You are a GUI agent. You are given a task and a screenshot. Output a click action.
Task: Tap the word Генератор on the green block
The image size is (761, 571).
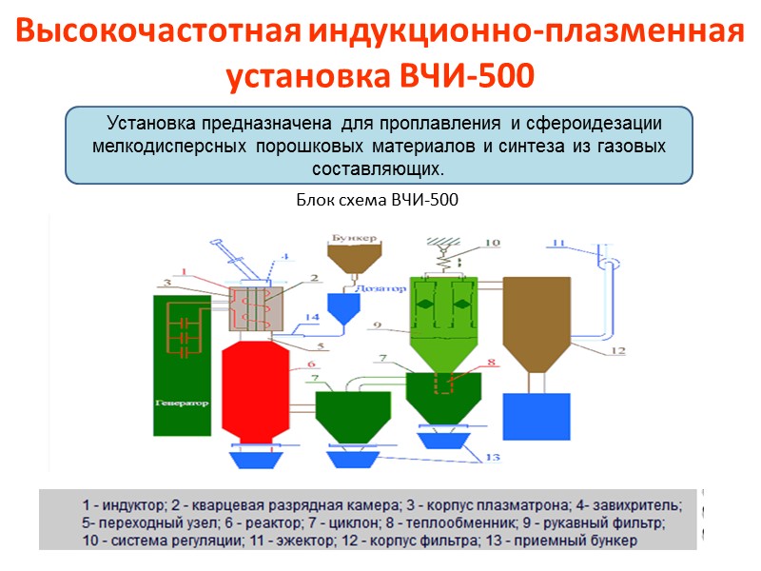coord(181,404)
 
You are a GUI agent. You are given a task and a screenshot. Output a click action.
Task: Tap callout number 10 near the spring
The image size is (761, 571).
coord(491,244)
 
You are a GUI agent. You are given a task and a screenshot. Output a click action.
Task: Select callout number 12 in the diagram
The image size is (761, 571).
coord(618,351)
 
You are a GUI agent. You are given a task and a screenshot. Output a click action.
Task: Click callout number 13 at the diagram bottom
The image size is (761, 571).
coord(493,458)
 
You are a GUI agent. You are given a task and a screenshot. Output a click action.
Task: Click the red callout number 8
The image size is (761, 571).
coord(491,363)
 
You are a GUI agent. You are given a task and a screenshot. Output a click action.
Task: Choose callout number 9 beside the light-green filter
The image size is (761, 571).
coord(378,326)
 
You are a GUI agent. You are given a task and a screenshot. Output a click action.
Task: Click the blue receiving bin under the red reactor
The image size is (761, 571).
coord(254,459)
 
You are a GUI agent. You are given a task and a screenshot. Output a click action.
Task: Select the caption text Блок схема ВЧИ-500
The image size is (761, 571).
coord(378,201)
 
